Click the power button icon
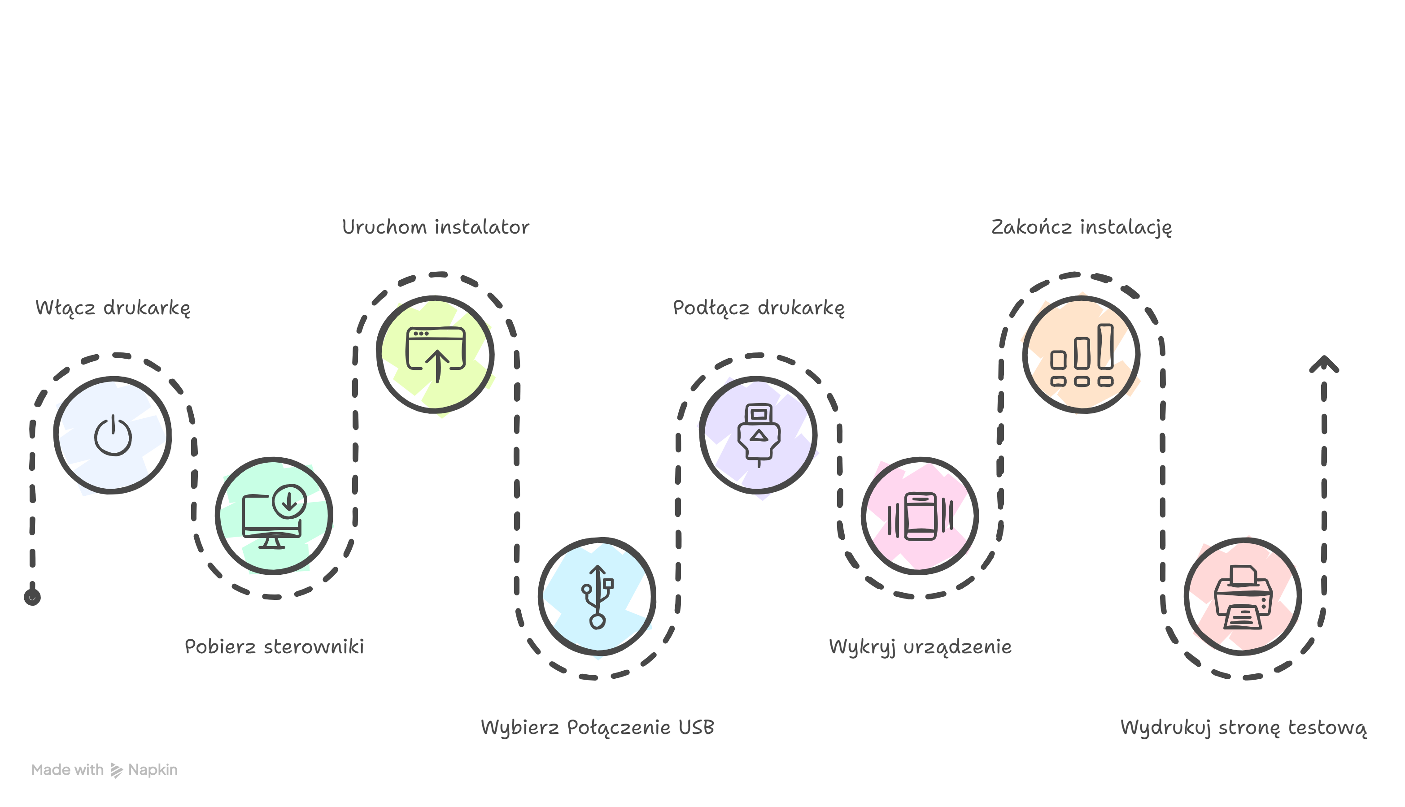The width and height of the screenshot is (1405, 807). [113, 435]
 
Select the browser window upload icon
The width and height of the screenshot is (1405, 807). [436, 354]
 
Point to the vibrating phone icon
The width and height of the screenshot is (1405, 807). [921, 516]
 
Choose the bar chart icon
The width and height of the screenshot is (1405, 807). [1082, 355]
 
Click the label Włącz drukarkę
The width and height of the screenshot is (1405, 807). [113, 308]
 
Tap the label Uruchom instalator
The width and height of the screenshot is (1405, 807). [435, 227]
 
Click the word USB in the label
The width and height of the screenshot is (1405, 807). [696, 727]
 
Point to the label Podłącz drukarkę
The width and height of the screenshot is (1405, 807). [759, 308]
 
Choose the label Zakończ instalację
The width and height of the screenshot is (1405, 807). [1081, 227]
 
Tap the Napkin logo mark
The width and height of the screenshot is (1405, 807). [117, 770]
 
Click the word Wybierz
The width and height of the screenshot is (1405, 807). [519, 727]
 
